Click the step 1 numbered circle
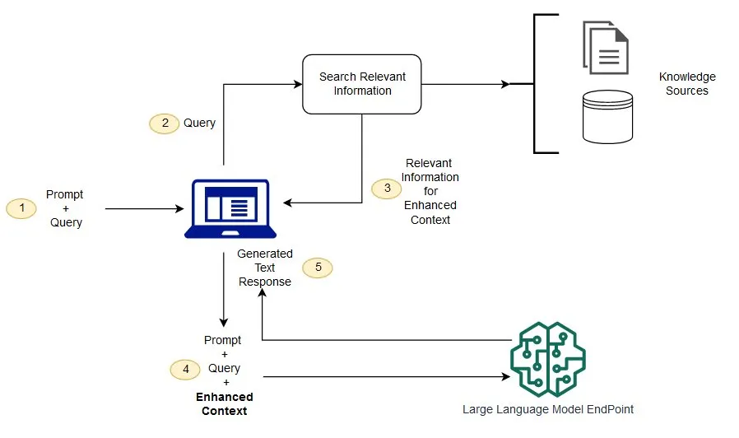21,208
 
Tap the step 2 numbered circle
164,123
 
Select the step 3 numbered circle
387,188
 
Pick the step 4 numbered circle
185,370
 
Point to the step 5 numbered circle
318,268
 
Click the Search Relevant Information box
362,84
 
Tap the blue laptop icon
225,208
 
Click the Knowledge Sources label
687,84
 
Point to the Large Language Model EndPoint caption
547,409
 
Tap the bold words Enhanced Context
224,403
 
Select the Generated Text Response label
265,268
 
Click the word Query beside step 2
199,123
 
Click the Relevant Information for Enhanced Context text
430,191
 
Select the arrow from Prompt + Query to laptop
144,209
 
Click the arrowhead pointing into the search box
297,84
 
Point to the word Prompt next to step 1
64,195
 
